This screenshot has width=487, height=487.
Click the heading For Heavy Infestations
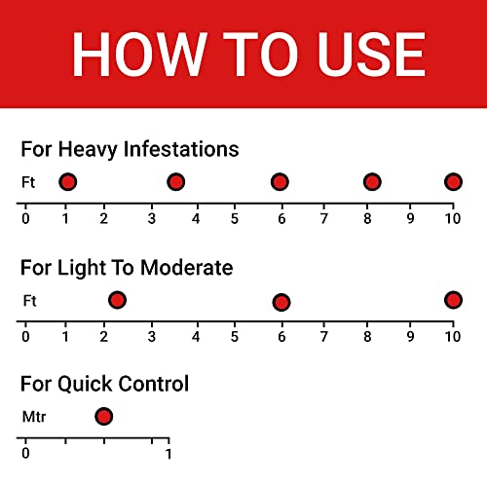(x=130, y=149)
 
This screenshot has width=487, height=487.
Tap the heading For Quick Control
(x=104, y=384)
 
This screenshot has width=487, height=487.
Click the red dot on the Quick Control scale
(x=104, y=417)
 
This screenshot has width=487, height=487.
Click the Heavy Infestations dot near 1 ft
(x=67, y=182)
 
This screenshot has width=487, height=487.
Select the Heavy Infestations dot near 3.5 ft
(x=175, y=182)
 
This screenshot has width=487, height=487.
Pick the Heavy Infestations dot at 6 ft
(x=280, y=182)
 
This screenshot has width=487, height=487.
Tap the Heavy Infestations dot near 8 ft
(x=372, y=182)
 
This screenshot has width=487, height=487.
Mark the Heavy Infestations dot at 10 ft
(x=453, y=182)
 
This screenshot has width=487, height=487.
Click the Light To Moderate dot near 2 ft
(x=117, y=300)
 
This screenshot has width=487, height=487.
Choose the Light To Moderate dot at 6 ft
(x=281, y=302)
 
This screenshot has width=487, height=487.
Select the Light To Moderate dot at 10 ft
(x=453, y=300)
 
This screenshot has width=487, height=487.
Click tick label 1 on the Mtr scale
(x=169, y=454)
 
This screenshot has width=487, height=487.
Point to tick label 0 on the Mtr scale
(x=25, y=454)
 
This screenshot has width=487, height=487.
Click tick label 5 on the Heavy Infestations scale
(x=235, y=218)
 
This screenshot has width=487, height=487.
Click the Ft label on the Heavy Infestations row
(x=28, y=182)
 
